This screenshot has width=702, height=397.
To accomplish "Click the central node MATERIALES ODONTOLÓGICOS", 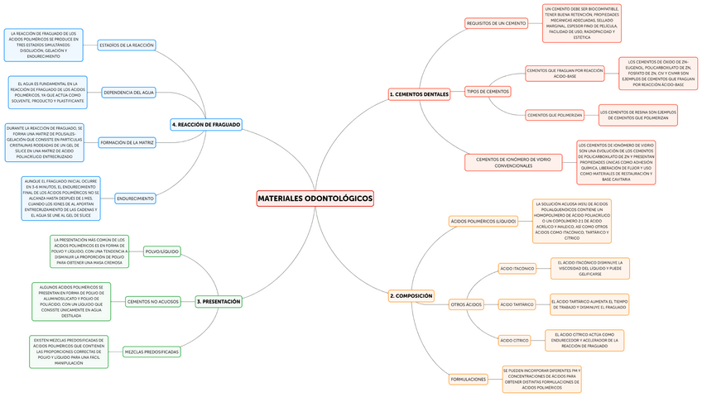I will [315, 199].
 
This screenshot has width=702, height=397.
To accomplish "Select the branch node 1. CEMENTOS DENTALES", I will [419, 94].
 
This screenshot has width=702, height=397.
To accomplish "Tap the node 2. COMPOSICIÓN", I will [411, 295].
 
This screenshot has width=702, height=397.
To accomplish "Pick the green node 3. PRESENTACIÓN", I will [219, 302].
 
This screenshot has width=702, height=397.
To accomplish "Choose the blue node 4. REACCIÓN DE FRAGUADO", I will [206, 124].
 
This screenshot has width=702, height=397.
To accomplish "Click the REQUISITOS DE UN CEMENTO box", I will [496, 24].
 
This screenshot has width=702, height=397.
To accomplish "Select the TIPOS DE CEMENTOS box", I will [488, 91].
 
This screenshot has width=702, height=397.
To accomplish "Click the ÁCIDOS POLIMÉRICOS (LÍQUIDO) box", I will [483, 222].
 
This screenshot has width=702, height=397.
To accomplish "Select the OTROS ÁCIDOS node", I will [466, 304].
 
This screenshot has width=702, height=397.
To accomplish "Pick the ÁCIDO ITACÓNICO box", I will [517, 269].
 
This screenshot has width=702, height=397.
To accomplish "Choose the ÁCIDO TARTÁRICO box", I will [517, 304].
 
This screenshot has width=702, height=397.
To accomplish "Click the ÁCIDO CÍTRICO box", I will [514, 340].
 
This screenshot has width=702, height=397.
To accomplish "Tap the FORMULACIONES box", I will [469, 379].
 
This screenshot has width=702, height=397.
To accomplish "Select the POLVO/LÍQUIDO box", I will [161, 251].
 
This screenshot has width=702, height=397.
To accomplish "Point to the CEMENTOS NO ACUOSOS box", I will [153, 302].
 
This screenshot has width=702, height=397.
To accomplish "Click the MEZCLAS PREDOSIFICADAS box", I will [151, 352].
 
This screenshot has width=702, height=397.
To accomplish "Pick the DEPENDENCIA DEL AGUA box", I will [130, 93].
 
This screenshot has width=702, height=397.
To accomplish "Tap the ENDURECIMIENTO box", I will [135, 198].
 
